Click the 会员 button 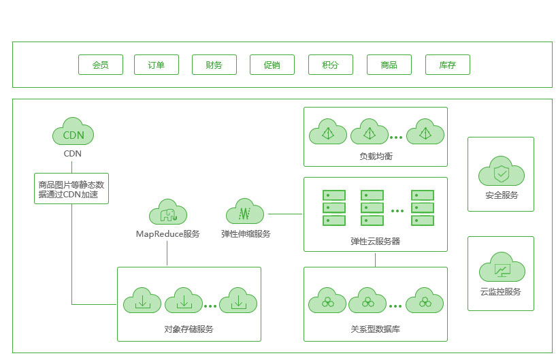point(101,65)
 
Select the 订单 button point(157,65)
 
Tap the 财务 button point(214,65)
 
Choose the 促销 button point(272,65)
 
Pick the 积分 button point(331,65)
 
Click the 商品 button point(389,65)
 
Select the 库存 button point(447,65)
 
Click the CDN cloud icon point(73,133)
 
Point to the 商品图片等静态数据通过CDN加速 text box point(71,189)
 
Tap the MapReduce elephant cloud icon point(167,214)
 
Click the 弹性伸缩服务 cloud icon point(245,213)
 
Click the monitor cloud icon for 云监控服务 point(501,269)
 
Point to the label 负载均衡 point(376,157)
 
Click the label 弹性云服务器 point(376,241)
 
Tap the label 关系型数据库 point(376,329)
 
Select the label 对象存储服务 point(189,329)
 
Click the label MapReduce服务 point(167,234)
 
